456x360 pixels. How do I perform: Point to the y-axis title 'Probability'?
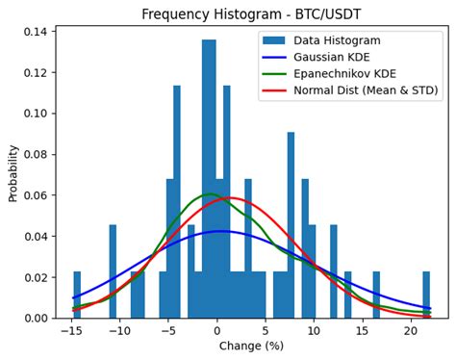(x=13, y=173)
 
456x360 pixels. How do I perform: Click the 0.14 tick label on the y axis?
(x=36, y=32)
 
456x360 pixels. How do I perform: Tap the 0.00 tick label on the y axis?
(x=36, y=319)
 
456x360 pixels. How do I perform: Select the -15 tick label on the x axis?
(x=70, y=331)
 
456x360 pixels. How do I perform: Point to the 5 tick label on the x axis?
(x=265, y=331)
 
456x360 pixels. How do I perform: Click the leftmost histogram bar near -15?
(x=77, y=296)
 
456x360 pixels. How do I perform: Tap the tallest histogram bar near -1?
(x=209, y=183)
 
